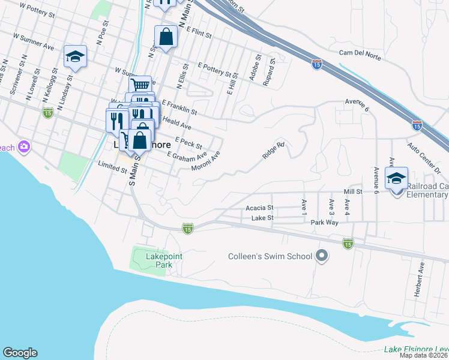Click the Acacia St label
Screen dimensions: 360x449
[x=260, y=208]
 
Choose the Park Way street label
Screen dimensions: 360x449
[x=325, y=222]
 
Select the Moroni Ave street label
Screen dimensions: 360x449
[x=206, y=160]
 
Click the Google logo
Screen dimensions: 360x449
[x=20, y=353]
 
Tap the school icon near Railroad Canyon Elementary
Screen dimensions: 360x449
[x=396, y=179]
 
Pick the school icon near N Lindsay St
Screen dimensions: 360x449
[x=75, y=57]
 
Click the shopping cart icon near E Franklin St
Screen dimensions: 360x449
[x=140, y=86]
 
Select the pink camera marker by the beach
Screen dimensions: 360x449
[x=24, y=146]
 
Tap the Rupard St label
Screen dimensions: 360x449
[x=268, y=72]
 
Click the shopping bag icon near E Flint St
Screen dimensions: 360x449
[x=166, y=37]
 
